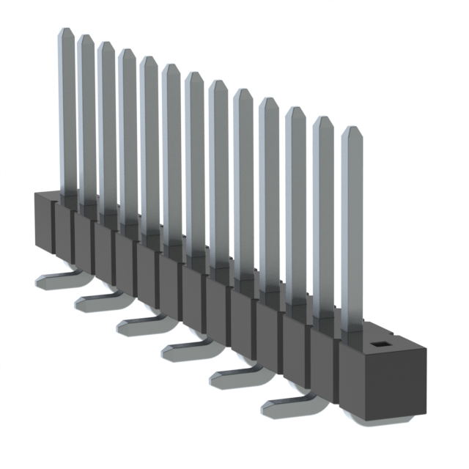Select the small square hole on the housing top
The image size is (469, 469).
coord(380,344)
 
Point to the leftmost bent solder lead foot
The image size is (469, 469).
coord(55,279)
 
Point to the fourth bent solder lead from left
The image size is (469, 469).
coord(183,348)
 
